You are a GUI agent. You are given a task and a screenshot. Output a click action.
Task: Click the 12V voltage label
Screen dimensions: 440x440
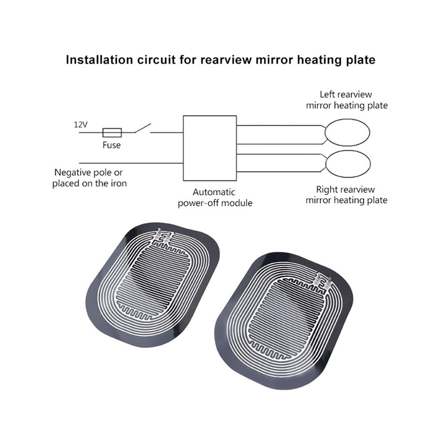click(x=81, y=124)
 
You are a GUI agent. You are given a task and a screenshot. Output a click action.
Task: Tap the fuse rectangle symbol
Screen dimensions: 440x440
click(x=112, y=132)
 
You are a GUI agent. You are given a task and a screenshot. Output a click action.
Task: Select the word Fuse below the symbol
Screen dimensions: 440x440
click(x=112, y=145)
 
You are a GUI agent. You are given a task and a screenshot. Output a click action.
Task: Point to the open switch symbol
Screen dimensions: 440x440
click(x=143, y=128)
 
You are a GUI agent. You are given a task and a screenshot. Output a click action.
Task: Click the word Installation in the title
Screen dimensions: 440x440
click(x=100, y=60)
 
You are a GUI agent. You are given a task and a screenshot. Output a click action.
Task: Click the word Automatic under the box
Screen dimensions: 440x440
click(x=214, y=192)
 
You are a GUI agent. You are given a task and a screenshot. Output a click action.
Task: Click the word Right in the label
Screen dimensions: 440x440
click(x=326, y=190)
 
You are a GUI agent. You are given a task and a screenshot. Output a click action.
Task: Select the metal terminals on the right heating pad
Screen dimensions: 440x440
click(x=324, y=280)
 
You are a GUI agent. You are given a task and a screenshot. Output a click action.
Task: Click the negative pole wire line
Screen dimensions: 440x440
click(x=131, y=163)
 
